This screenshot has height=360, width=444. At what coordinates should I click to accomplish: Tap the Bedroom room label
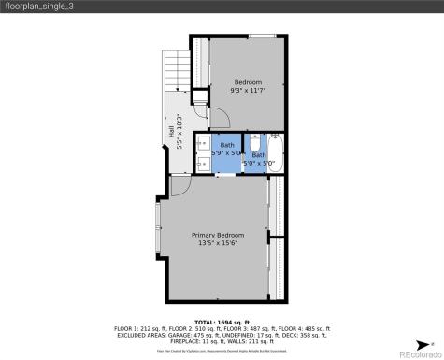point(247,81)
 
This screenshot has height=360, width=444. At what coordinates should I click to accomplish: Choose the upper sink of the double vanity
point(203,145)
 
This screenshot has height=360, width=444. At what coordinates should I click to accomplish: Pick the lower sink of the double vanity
point(203,163)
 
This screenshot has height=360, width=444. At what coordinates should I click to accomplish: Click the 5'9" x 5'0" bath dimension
point(227,153)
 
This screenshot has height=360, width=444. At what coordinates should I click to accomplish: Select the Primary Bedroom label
point(218,234)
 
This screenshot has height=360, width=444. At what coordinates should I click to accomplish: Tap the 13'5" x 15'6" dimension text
point(218,243)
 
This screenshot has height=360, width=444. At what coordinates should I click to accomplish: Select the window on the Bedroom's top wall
point(261,36)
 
